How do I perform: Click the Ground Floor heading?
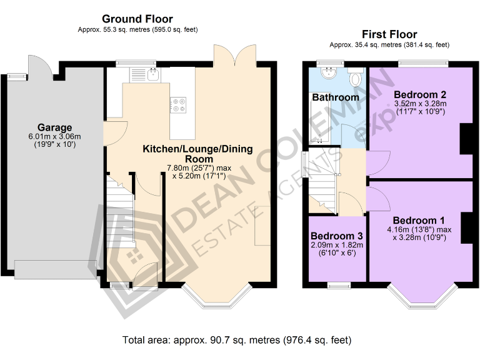pyautogui.click(x=137, y=19)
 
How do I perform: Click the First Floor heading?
pyautogui.click(x=389, y=34)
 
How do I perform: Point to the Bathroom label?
pyautogui.click(x=336, y=97)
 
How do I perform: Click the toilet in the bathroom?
pyautogui.click(x=356, y=77)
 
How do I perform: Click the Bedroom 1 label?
pyautogui.click(x=419, y=220)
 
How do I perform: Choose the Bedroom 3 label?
pyautogui.click(x=337, y=236)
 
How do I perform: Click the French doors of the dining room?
pyautogui.click(x=234, y=55)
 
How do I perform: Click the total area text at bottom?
pyautogui.click(x=237, y=341)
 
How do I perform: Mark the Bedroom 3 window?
pyautogui.click(x=339, y=286)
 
